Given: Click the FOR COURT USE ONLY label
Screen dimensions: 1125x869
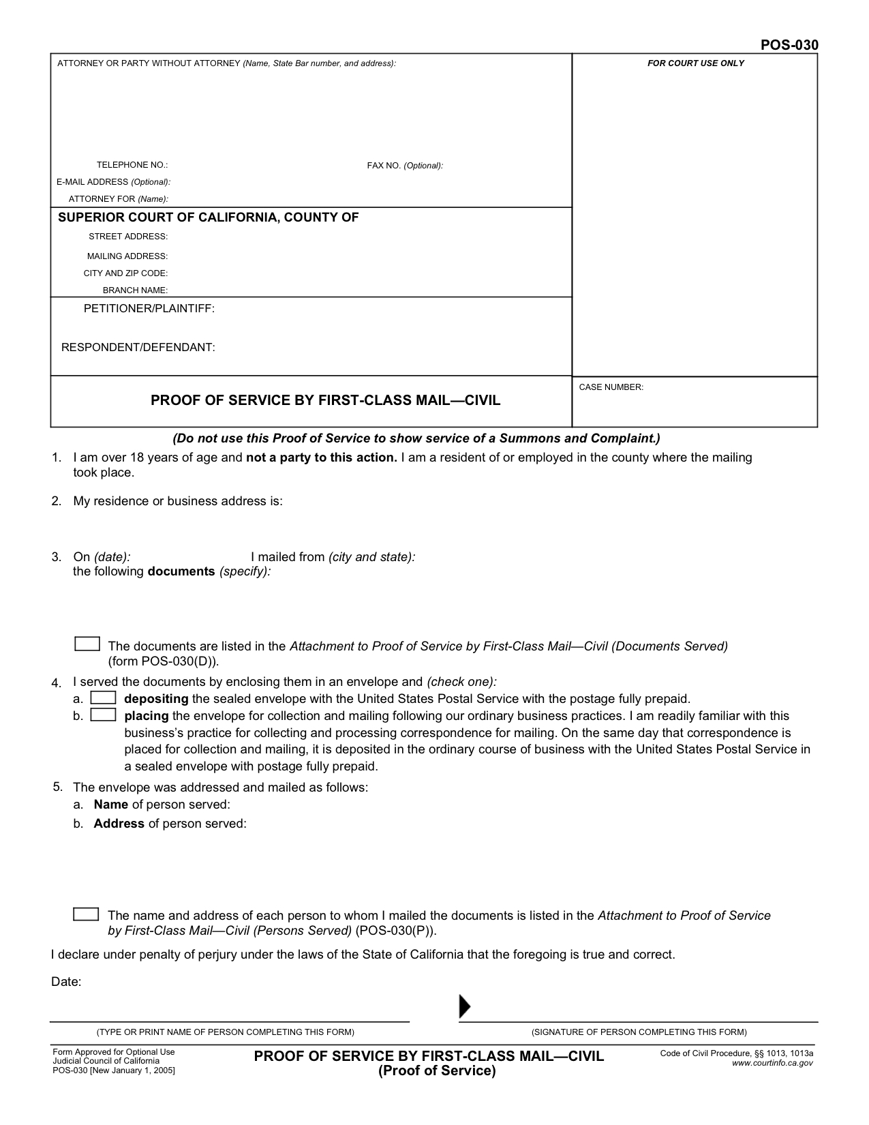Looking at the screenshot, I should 695,63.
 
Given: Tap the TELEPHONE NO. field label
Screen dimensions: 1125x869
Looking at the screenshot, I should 132,165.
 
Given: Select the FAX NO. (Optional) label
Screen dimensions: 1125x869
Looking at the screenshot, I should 405,166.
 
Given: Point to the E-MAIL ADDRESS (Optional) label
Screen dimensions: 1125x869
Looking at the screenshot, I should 113,182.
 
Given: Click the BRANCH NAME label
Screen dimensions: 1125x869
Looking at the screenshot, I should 135,290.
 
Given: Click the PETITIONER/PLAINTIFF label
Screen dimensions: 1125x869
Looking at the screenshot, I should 149,309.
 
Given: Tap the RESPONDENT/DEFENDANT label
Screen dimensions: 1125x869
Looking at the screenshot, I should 138,348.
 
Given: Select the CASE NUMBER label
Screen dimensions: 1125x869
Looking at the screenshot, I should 611,387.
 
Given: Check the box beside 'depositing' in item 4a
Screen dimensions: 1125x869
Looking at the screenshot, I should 104,698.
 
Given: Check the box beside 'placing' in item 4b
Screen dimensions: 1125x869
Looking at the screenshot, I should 104,715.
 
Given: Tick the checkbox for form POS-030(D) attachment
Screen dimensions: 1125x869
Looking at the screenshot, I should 87,644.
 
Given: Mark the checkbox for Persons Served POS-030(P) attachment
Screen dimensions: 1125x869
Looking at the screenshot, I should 86,914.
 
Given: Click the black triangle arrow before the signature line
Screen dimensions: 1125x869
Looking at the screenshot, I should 465,1006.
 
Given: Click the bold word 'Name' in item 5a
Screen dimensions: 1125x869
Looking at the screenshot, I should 111,805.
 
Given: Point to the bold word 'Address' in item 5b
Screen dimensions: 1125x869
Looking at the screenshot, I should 119,824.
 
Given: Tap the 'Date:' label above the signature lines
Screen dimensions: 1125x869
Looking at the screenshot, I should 66,982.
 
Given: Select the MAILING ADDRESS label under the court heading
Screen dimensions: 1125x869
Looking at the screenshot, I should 127,256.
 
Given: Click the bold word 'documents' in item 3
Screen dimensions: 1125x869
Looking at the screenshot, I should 181,571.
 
